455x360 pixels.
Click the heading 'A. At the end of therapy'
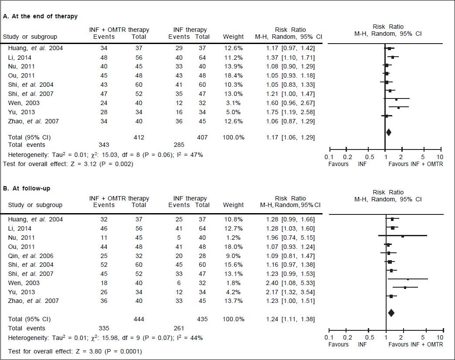point(40,16)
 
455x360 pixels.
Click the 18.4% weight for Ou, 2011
point(233,75)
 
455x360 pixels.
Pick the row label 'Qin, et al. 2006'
point(30,255)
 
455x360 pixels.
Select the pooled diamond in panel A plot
point(388,132)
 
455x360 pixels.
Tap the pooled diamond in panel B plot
point(391,312)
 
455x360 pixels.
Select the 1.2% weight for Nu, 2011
point(233,238)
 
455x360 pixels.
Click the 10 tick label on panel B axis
point(440,338)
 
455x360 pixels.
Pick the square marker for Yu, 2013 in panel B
point(405,287)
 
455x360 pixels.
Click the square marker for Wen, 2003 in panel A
point(396,100)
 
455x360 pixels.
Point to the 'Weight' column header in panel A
point(233,37)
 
